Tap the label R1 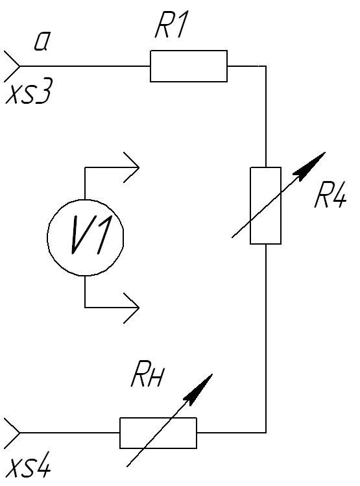tap(171, 25)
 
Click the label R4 tap(330, 197)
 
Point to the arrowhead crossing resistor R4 tap(310, 165)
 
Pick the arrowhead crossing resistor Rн tap(199, 389)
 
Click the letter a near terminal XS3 tap(42, 42)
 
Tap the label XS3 tap(28, 91)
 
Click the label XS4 tap(28, 467)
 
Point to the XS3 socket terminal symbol tap(12, 66)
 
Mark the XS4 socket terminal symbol tap(12, 433)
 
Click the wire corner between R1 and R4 tap(266, 66)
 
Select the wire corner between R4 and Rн tap(266, 432)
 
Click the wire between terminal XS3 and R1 tap(85, 66)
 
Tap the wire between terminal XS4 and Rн tap(70, 433)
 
